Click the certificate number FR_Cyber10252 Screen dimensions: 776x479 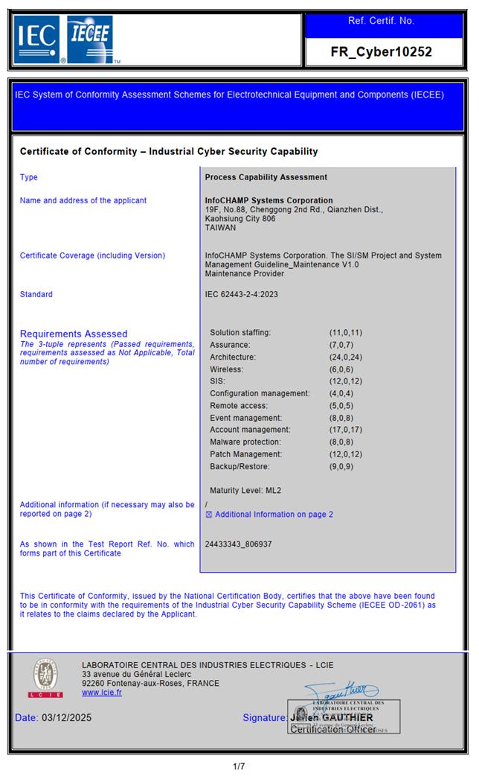(381, 52)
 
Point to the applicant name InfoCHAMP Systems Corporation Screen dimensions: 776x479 (269, 200)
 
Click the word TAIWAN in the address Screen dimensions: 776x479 (220, 228)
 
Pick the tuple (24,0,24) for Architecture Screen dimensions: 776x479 (346, 357)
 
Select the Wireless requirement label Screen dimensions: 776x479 (226, 369)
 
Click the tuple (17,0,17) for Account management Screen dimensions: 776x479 (346, 430)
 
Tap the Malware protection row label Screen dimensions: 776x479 (246, 442)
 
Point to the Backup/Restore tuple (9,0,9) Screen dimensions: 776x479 (344, 467)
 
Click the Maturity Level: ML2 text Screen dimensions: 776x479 (246, 491)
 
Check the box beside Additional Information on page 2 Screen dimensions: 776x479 (209, 515)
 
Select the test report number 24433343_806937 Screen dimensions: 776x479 (238, 544)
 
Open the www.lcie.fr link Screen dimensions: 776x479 (102, 693)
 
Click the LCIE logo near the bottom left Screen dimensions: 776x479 (45, 678)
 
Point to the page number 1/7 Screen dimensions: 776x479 (239, 766)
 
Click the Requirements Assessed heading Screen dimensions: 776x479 (74, 334)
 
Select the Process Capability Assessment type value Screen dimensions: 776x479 (266, 177)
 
